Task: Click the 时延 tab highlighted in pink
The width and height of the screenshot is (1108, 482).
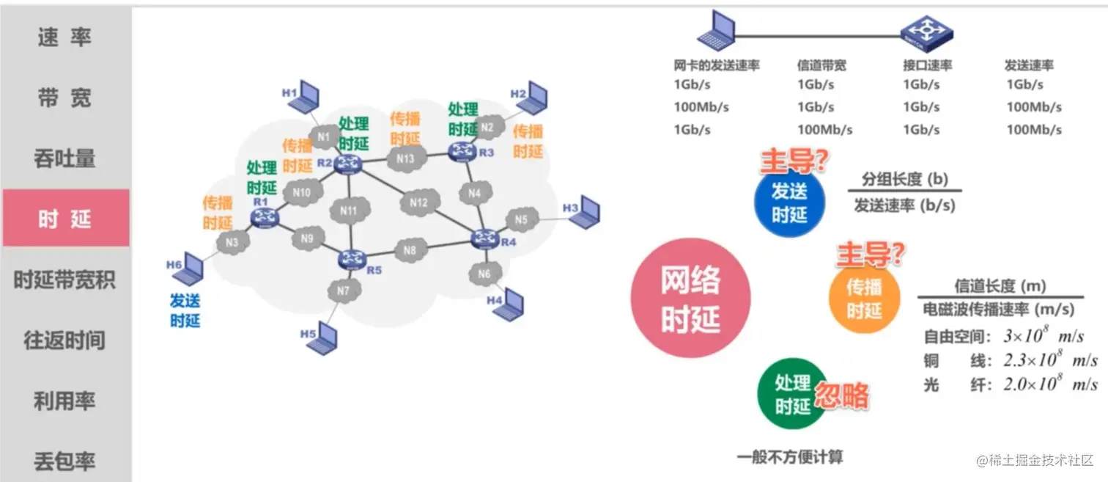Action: [x=65, y=219]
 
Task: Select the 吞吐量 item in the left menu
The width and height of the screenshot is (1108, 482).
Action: [x=65, y=158]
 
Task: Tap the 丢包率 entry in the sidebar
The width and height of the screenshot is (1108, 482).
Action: [x=65, y=461]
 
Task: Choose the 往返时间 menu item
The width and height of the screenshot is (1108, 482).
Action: [x=65, y=340]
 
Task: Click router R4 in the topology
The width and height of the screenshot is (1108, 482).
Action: [x=484, y=238]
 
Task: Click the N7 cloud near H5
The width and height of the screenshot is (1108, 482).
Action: [x=344, y=291]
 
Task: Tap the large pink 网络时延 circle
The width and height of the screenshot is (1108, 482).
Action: [x=690, y=299]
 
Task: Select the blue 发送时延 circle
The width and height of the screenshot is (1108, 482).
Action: [x=789, y=202]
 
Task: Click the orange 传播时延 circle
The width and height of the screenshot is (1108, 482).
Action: [x=864, y=298]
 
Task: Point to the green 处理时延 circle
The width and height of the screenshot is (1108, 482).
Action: [x=792, y=394]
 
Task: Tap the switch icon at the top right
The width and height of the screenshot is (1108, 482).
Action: [x=926, y=32]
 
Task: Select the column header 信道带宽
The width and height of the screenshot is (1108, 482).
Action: [x=821, y=65]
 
